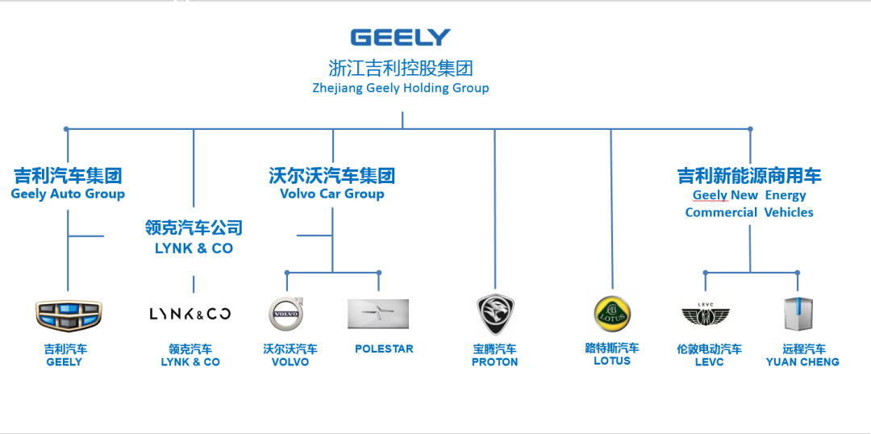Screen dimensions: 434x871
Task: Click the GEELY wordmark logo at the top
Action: [400, 37]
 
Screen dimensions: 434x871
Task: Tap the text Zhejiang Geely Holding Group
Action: [401, 88]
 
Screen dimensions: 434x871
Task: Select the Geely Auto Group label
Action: [68, 194]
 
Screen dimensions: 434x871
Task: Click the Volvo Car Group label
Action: [331, 194]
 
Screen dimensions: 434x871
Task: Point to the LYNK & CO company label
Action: [194, 248]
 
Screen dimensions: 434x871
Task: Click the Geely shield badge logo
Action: [69, 315]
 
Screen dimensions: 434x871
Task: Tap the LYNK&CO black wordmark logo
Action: [190, 314]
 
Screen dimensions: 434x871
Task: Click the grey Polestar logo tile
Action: [378, 314]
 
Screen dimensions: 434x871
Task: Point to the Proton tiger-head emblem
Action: [494, 314]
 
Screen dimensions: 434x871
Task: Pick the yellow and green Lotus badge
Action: [612, 314]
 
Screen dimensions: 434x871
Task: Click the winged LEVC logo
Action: [706, 315]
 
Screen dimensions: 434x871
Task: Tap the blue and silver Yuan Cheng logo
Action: [798, 314]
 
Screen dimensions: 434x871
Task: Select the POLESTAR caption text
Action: [384, 348]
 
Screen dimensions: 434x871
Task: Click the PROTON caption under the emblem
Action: [495, 362]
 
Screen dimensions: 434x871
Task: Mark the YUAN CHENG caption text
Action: [802, 362]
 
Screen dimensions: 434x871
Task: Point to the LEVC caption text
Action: [709, 362]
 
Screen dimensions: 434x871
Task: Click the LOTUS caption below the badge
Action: [612, 361]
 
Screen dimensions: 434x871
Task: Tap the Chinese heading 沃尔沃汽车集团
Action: [331, 175]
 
